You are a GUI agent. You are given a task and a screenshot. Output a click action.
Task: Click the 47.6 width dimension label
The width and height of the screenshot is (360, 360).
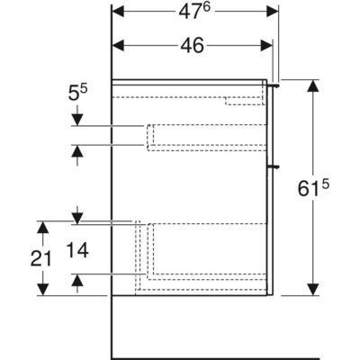pos(194,12)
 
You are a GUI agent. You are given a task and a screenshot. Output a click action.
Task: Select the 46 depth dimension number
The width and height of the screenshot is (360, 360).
pos(192,46)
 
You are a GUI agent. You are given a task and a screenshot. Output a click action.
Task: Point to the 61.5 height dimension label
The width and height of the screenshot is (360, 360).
pos(313,188)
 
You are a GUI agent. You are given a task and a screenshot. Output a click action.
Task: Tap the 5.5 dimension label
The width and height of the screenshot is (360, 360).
pos(77,93)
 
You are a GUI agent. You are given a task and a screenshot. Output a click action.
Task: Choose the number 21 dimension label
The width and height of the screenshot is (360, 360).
pos(41,258)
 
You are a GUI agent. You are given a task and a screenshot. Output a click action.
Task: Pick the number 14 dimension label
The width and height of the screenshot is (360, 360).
pos(77,250)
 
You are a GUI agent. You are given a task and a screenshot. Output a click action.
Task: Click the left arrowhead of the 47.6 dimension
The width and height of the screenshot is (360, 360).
pos(118,12)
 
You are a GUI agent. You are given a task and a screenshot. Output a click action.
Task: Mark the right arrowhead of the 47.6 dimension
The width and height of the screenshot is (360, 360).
pos(273,12)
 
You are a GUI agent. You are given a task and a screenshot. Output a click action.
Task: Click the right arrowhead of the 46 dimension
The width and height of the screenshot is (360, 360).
pos(266,46)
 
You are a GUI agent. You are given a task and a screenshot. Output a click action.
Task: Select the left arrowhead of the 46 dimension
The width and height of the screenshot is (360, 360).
pos(118,46)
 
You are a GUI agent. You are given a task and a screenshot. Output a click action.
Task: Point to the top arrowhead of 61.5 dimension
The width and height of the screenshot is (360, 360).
pos(313,86)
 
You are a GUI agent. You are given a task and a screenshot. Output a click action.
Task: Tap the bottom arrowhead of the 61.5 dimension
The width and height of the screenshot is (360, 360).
pos(313,290)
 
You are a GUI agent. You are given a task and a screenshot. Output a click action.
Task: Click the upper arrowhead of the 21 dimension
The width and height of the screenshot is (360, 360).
pos(43,228)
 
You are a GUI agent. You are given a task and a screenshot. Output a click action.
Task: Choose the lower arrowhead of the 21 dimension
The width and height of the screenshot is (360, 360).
pos(43,290)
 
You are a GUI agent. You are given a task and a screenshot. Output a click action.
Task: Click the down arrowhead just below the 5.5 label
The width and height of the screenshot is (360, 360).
pos(77,120)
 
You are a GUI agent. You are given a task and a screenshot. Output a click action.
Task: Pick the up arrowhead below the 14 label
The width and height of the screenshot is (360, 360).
pos(77,280)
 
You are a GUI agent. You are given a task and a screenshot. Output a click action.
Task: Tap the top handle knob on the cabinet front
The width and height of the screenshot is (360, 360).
pos(274,85)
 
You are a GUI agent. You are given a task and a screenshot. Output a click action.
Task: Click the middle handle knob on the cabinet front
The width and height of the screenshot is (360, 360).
pos(274,166)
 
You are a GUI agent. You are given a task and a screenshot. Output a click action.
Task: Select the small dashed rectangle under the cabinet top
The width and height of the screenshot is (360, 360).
pos(244,101)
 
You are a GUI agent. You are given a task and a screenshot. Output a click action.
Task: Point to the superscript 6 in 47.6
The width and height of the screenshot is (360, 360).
pos(207,8)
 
